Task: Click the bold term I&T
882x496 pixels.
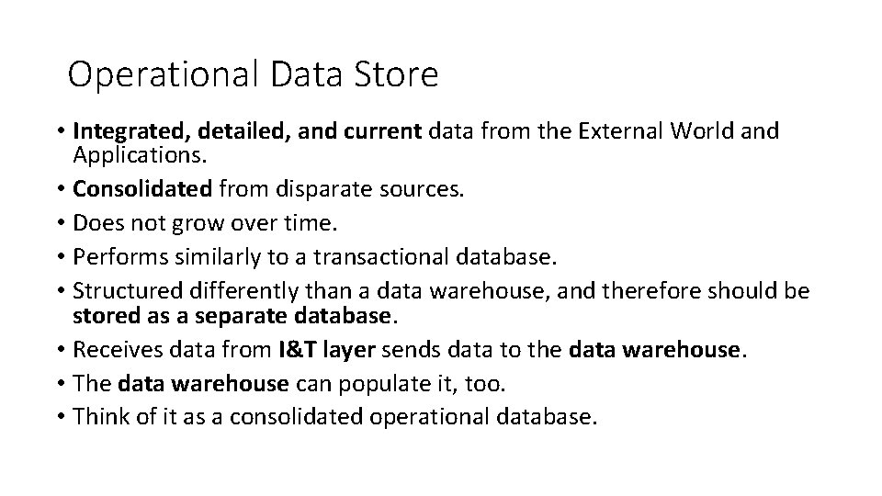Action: (x=300, y=349)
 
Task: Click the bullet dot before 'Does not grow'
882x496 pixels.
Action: (x=60, y=223)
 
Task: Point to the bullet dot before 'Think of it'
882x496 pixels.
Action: (x=60, y=418)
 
